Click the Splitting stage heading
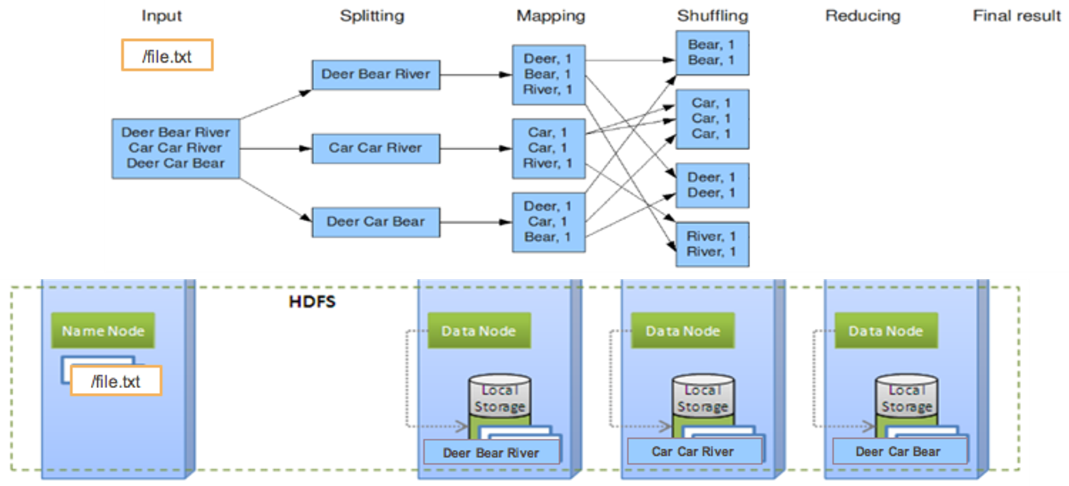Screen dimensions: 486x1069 click(x=372, y=15)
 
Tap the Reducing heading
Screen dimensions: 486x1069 click(x=863, y=15)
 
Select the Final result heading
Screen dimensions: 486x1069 click(x=1016, y=15)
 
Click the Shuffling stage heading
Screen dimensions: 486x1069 click(x=713, y=15)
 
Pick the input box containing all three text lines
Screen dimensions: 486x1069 click(x=175, y=148)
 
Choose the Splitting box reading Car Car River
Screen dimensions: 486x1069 click(x=375, y=148)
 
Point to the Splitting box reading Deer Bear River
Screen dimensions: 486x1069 click(x=375, y=74)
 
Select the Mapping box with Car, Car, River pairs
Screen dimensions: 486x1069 click(x=549, y=148)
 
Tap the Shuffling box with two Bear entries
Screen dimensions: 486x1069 click(x=712, y=53)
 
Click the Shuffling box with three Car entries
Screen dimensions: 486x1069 click(x=712, y=119)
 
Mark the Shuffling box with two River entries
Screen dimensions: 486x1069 click(x=712, y=244)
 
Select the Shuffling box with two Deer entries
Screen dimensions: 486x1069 click(x=712, y=185)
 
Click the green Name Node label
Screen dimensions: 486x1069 click(x=103, y=331)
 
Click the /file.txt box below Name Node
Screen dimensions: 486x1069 click(x=115, y=382)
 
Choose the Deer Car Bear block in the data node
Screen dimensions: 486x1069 click(x=897, y=451)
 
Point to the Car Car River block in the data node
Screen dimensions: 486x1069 click(x=693, y=451)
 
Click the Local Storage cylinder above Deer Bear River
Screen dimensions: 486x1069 click(x=499, y=398)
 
